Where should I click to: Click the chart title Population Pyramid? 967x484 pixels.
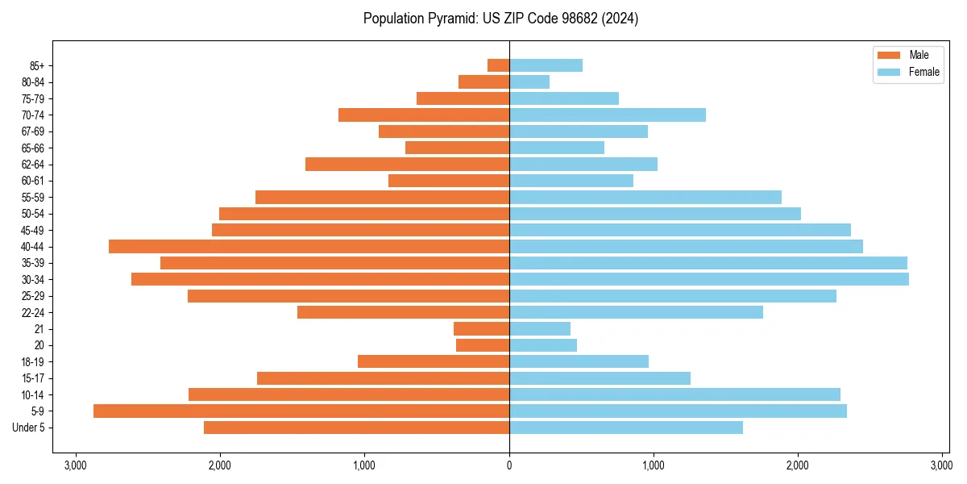click(x=500, y=19)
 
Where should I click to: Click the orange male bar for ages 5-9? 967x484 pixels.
click(x=301, y=411)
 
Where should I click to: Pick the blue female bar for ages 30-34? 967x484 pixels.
click(x=709, y=279)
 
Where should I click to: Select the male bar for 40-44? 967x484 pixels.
click(x=309, y=246)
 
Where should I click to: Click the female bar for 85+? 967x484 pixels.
click(x=546, y=65)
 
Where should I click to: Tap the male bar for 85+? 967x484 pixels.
click(x=498, y=65)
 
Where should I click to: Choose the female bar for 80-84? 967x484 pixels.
click(x=529, y=81)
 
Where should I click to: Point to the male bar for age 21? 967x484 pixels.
click(x=481, y=328)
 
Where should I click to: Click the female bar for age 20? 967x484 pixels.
click(x=543, y=345)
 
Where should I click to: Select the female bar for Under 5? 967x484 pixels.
click(x=626, y=428)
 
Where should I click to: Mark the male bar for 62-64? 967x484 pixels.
click(x=407, y=164)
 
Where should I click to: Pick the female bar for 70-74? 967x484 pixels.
click(x=608, y=115)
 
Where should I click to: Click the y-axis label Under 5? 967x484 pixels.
click(x=29, y=428)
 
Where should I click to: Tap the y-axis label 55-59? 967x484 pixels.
click(x=33, y=197)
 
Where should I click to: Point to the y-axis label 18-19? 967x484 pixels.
click(x=33, y=361)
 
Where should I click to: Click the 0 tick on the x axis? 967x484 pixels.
click(x=509, y=465)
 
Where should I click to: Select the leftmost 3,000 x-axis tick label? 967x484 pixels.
click(x=76, y=465)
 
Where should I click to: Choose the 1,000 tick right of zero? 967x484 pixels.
click(x=654, y=465)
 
